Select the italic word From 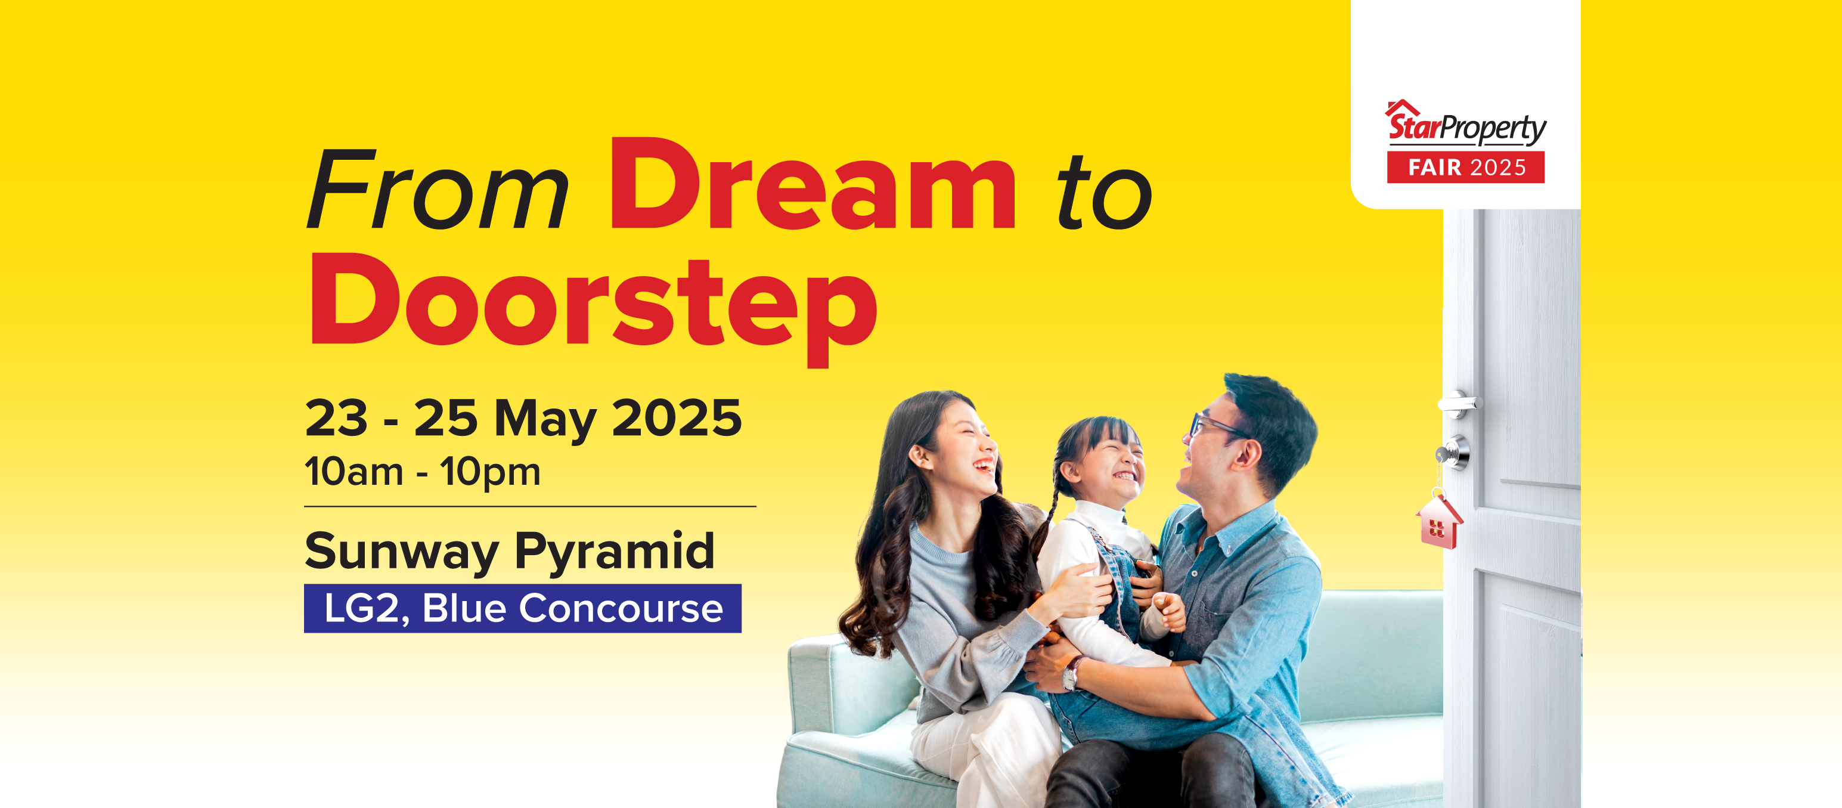pos(438,189)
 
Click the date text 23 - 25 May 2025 pos(523,418)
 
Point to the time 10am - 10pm pos(423,472)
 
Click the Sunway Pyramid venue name pos(510,552)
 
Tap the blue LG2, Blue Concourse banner pos(523,608)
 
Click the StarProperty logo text pos(1466,126)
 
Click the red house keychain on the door pos(1440,521)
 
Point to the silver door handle pos(1459,403)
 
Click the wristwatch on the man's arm pos(1071,672)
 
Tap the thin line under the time pos(530,506)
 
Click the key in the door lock pos(1444,454)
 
